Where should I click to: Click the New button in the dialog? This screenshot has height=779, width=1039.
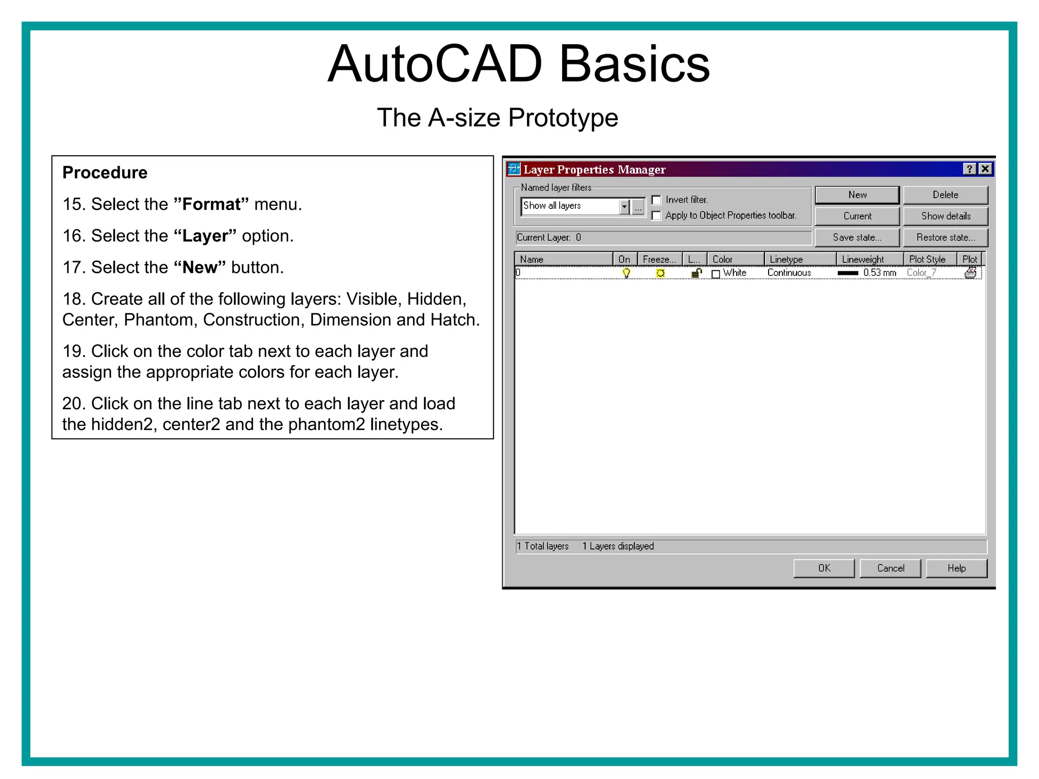(856, 195)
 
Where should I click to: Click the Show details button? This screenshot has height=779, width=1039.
(945, 216)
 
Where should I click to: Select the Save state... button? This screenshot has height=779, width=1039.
(856, 237)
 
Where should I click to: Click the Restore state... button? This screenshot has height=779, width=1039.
(945, 237)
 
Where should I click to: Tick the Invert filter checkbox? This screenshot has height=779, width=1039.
(656, 200)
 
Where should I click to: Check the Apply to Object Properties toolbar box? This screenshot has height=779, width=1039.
(656, 216)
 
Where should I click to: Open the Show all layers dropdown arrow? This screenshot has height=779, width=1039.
(625, 206)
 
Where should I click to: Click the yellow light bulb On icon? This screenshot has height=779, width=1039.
(627, 273)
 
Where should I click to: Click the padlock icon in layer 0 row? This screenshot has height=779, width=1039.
(697, 273)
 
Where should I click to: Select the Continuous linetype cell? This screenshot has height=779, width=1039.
(789, 273)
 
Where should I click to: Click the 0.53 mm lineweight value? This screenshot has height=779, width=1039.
(879, 273)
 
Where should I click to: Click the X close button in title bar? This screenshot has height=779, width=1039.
(985, 169)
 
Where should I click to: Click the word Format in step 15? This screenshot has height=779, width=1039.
(211, 204)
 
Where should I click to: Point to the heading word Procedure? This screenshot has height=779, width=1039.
(105, 172)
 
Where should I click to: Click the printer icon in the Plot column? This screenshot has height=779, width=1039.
(970, 273)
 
